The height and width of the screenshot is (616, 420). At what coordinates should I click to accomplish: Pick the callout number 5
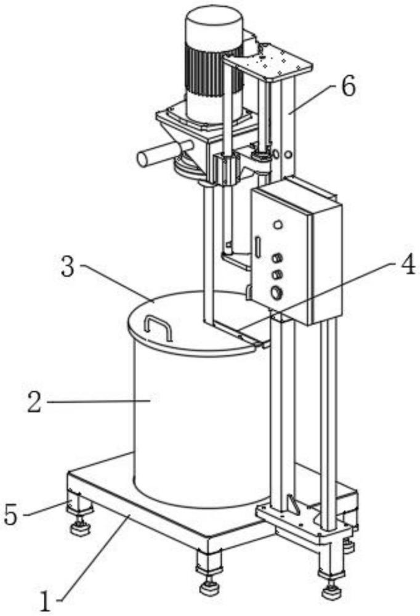point(11,514)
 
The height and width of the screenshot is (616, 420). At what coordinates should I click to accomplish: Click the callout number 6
point(348,86)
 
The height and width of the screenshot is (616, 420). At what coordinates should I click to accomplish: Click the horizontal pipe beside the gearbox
point(166,153)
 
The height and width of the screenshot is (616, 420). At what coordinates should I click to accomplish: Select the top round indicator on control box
point(278,225)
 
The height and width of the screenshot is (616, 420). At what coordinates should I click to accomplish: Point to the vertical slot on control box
point(257,247)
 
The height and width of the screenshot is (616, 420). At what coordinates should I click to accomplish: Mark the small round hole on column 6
point(288,155)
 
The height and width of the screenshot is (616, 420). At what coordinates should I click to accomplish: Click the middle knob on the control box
point(277,275)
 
